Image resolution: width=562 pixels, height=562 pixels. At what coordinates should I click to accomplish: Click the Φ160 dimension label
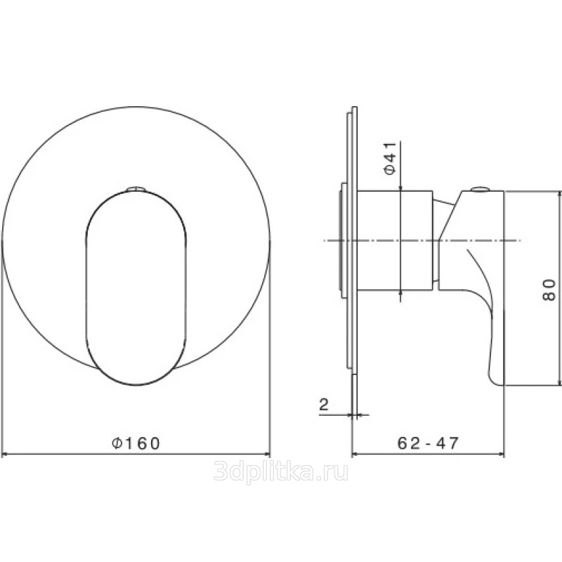[x=136, y=443]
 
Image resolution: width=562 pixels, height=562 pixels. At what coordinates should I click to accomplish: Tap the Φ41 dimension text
[x=391, y=158]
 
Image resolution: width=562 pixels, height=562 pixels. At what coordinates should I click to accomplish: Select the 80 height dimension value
[x=549, y=289]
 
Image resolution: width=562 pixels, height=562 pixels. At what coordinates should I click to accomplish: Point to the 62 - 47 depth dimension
[x=428, y=443]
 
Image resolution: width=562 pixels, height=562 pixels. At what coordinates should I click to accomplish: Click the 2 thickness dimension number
[x=324, y=405]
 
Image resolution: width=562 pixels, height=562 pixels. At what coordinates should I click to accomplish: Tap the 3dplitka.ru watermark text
[x=280, y=471]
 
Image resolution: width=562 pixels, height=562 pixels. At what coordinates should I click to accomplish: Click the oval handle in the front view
[x=136, y=288]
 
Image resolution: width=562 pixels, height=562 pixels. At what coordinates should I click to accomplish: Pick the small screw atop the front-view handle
[x=136, y=188]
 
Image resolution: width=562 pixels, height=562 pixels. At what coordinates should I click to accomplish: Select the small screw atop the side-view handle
[x=481, y=188]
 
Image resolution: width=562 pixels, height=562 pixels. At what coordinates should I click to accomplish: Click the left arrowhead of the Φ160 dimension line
[x=5, y=455]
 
